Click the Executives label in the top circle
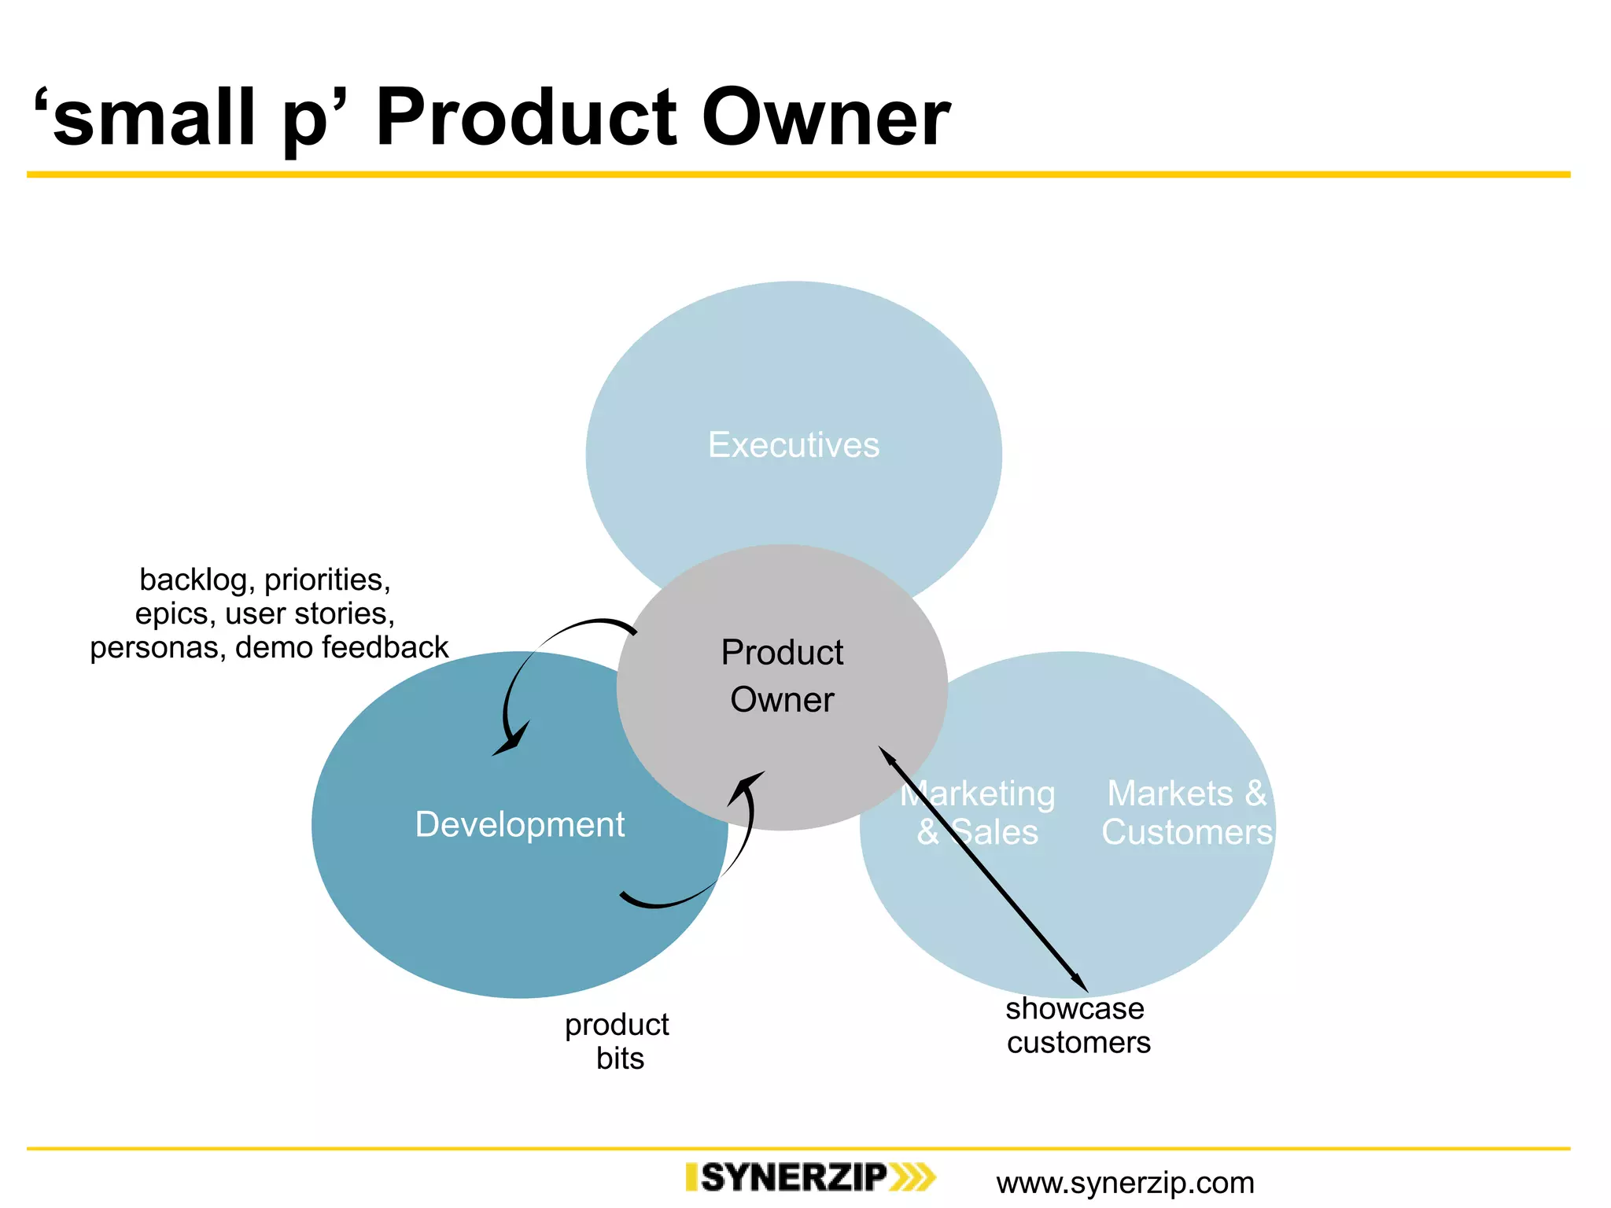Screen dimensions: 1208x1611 click(793, 445)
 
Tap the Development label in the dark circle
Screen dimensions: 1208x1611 click(519, 824)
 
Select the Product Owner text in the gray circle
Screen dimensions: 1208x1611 click(782, 676)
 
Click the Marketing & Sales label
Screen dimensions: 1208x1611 click(977, 812)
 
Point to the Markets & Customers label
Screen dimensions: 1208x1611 click(1186, 812)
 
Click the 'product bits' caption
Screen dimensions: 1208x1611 click(617, 1040)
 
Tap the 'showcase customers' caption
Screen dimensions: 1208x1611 click(1077, 1025)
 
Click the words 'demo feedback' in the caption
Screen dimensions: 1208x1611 click(341, 647)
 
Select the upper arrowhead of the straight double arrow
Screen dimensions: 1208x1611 click(887, 755)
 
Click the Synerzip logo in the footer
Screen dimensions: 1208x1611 click(810, 1177)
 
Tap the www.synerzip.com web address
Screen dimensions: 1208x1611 click(1125, 1183)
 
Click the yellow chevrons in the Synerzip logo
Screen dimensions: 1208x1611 click(912, 1177)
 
